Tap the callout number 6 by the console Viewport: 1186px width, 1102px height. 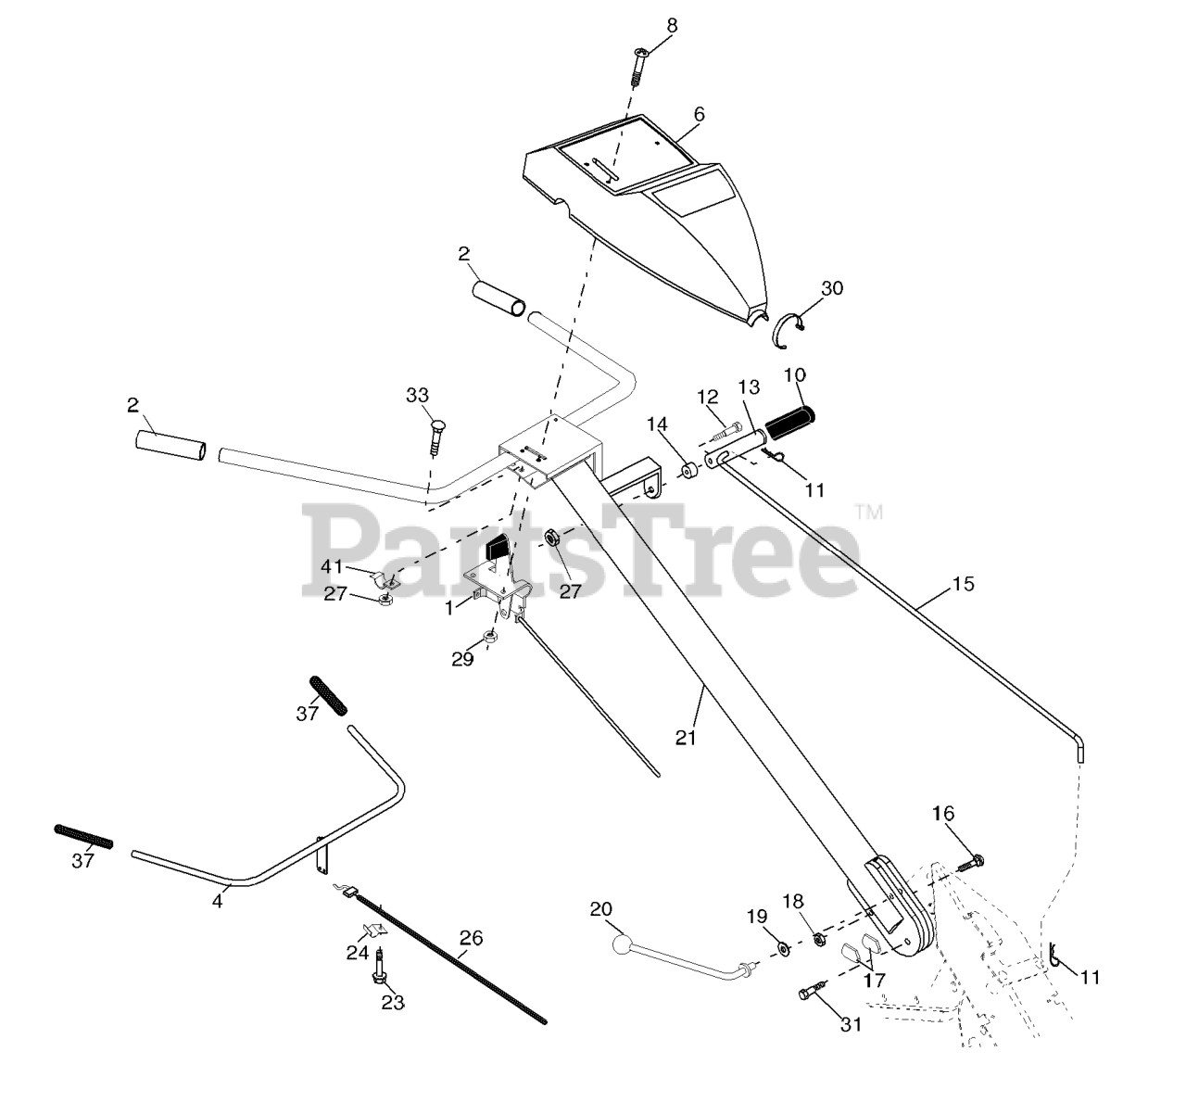[699, 114]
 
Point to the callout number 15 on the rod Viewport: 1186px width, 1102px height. [963, 585]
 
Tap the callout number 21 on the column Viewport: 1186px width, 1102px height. [686, 737]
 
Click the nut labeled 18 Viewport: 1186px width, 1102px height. [819, 940]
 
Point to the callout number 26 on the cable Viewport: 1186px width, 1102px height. [471, 938]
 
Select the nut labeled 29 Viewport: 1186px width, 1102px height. [491, 637]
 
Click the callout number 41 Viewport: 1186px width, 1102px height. [333, 567]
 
